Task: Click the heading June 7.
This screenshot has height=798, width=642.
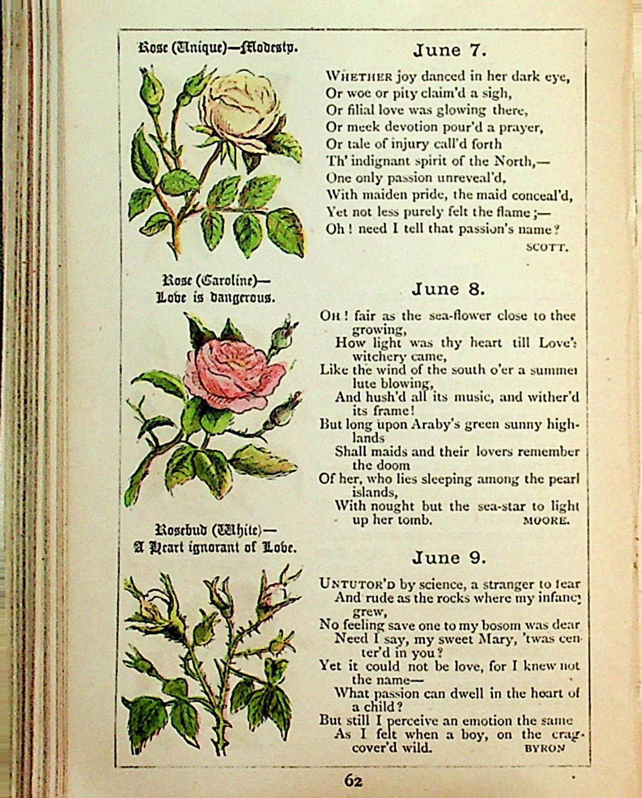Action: pyautogui.click(x=449, y=51)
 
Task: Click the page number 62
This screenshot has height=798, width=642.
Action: pyautogui.click(x=353, y=781)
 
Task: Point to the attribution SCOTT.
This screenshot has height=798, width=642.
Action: pyautogui.click(x=547, y=247)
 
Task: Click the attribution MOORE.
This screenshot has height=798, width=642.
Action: pyautogui.click(x=546, y=520)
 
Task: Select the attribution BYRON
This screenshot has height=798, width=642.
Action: pyautogui.click(x=544, y=748)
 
